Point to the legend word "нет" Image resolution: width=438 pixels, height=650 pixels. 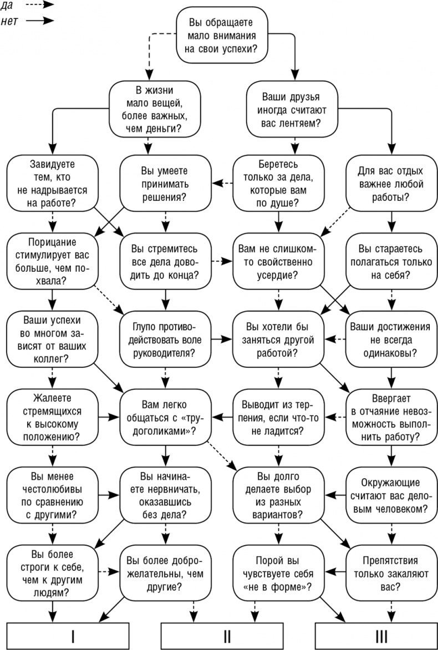(11, 21)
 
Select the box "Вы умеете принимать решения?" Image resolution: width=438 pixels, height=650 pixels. (165, 182)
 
